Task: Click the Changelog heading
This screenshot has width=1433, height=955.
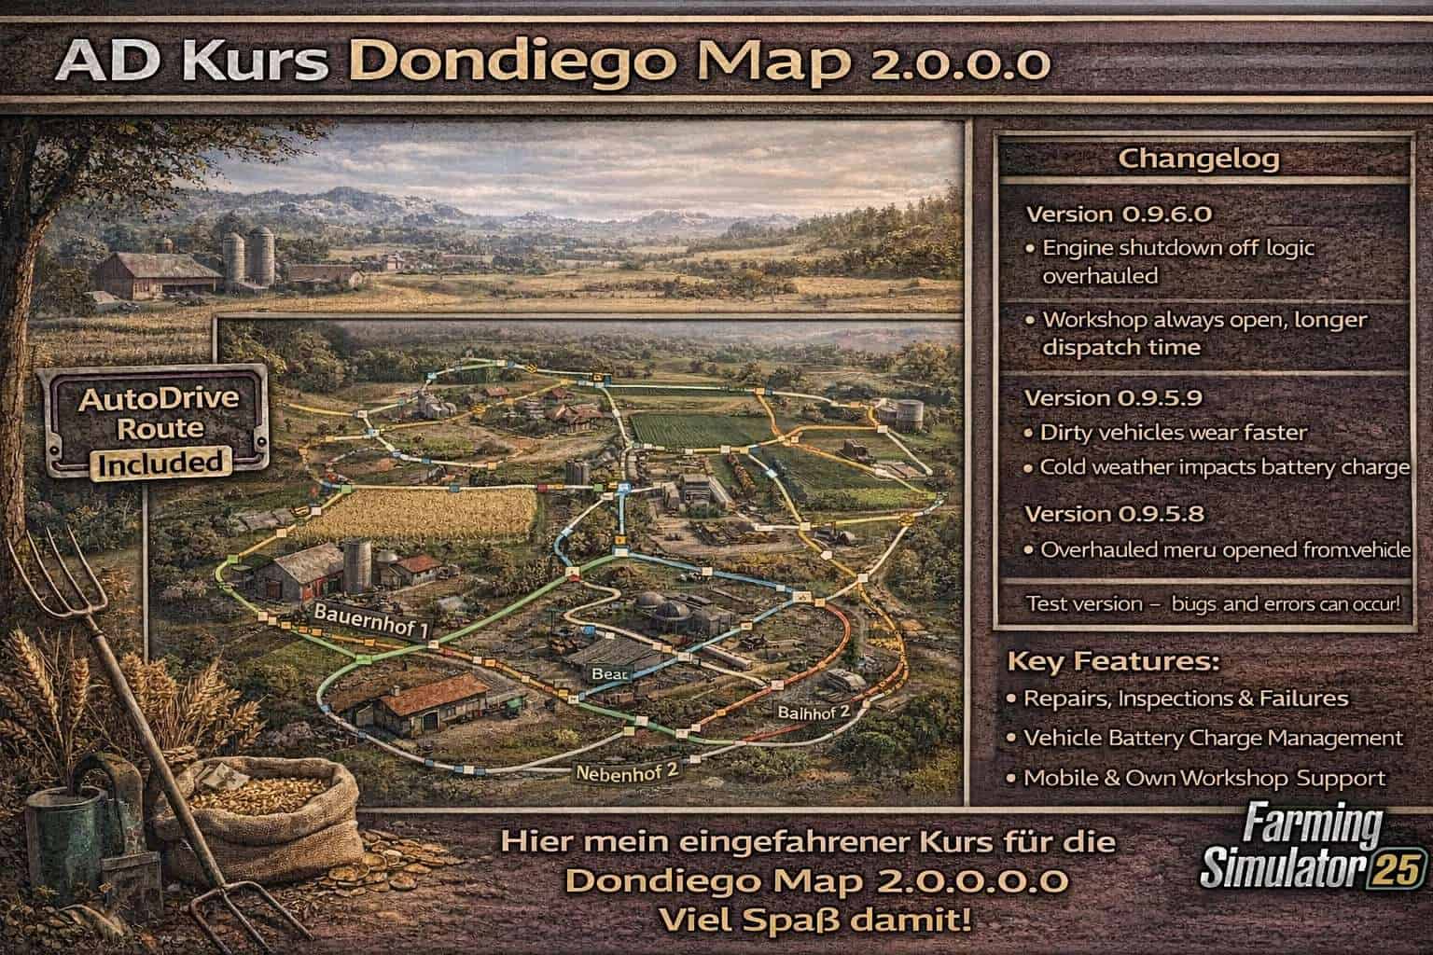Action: (x=1199, y=159)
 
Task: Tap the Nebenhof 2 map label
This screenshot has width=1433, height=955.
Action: (x=625, y=772)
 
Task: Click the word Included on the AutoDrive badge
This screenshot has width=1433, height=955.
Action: (x=160, y=461)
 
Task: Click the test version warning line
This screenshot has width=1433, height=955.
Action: (x=1212, y=604)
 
